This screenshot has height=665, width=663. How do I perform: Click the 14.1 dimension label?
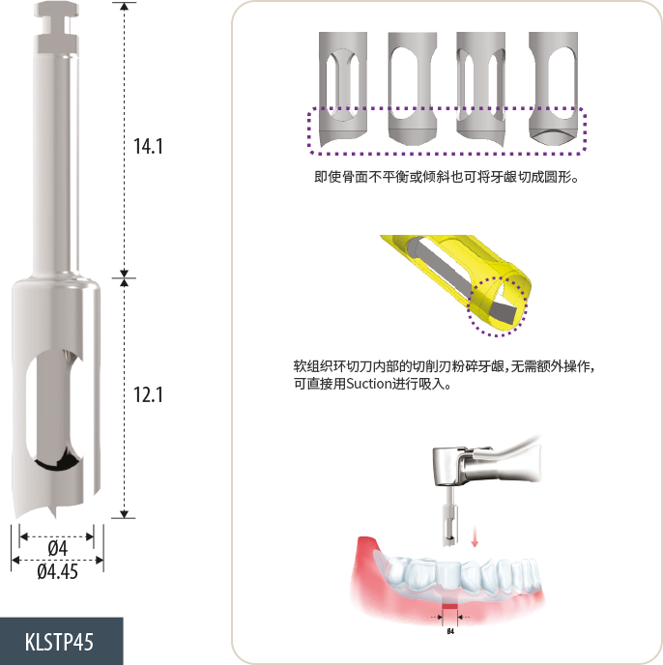[x=148, y=146]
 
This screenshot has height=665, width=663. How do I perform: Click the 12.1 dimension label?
[x=148, y=394]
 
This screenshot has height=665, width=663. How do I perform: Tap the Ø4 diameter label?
[x=57, y=548]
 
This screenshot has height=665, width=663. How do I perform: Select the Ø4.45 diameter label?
[x=57, y=571]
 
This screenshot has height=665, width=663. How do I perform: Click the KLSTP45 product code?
[x=59, y=642]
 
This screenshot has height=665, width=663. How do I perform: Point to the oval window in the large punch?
[x=56, y=410]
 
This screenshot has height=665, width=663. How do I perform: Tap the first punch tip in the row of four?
[x=343, y=89]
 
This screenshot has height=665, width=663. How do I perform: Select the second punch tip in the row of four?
[x=413, y=88]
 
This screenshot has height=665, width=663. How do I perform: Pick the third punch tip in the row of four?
[x=480, y=89]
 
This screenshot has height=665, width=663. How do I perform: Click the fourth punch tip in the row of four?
[x=553, y=88]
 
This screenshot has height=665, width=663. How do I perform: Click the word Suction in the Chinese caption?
[x=368, y=384]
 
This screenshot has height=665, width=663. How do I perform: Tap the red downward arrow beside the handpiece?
[x=475, y=536]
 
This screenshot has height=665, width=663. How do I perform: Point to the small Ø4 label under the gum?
[x=450, y=631]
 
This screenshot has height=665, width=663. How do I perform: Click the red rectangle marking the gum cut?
[x=450, y=606]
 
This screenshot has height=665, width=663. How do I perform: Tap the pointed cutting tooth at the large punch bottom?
[x=53, y=512]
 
